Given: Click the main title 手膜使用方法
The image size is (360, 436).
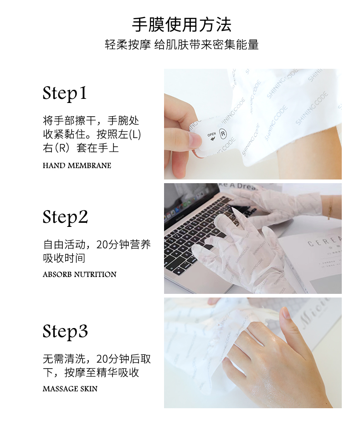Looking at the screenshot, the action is coord(181,25).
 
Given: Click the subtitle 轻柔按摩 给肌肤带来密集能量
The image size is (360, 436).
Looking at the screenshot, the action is coord(182,45).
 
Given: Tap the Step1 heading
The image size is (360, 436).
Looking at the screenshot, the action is coord(65,93).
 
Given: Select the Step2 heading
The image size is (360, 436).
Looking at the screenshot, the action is coord(65,217).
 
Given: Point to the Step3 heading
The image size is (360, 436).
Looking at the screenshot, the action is coord(65,331).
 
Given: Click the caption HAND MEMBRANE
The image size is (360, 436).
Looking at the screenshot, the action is coord(77,165).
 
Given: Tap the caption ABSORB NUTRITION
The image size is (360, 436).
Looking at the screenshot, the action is coord(80,274).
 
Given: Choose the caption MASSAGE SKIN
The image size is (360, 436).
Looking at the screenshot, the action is coord(70,389).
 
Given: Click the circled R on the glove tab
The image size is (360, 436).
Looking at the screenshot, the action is coord(223,134).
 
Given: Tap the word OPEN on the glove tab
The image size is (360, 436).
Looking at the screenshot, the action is coord(211,134).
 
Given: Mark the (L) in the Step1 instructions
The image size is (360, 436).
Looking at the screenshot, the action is coord(135,134).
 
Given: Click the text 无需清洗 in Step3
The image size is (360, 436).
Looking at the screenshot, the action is coord(64,359).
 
